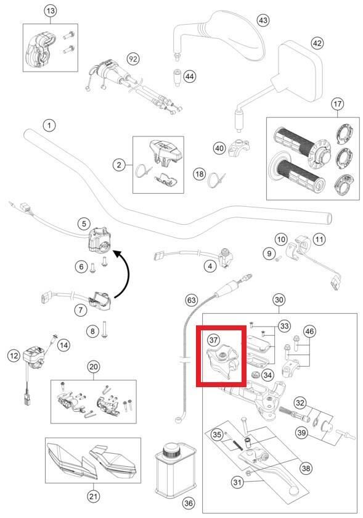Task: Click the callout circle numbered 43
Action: [x=263, y=20]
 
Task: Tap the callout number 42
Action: [x=317, y=43]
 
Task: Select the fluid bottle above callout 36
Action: [x=175, y=469]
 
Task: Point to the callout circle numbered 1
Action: [x=49, y=125]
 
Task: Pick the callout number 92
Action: [x=133, y=59]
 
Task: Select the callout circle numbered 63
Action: [x=191, y=300]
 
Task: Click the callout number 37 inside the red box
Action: [x=214, y=340]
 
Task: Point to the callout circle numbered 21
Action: [x=93, y=496]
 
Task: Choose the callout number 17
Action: [x=337, y=104]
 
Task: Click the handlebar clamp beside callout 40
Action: [x=239, y=148]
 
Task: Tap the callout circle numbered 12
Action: [x=14, y=356]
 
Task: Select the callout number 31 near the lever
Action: [x=237, y=483]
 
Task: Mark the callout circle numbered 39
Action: [x=301, y=432]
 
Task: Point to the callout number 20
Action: [x=94, y=367]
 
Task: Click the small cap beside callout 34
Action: [x=255, y=375]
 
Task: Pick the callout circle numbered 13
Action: [x=51, y=11]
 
